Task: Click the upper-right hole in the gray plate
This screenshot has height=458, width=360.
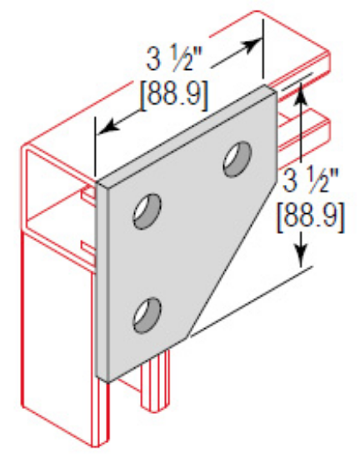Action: (237, 158)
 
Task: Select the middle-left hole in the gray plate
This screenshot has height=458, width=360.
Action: (147, 211)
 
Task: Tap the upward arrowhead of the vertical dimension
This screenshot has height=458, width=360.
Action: (297, 89)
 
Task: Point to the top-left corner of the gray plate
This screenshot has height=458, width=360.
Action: (98, 179)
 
